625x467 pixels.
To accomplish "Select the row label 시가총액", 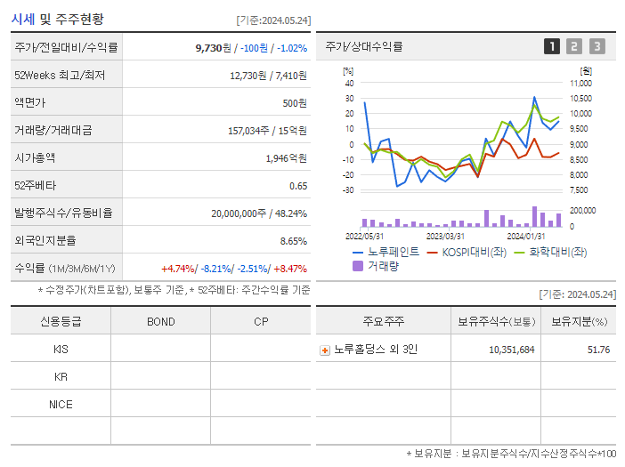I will (35, 157).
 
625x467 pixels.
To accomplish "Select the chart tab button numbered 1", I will (552, 46).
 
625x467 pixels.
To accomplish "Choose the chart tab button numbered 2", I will (574, 46).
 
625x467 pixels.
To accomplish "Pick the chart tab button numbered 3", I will (597, 46).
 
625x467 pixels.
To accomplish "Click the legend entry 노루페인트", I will (393, 252).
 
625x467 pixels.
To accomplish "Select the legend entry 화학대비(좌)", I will (557, 252).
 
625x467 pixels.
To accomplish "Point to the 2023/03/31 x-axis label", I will (445, 236).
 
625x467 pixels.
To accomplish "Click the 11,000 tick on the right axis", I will (580, 83).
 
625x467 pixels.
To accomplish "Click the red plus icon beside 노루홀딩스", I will (325, 350).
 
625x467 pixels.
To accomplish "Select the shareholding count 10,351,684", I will (511, 350).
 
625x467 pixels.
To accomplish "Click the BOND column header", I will (160, 322).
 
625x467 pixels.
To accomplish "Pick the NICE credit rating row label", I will (61, 404).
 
